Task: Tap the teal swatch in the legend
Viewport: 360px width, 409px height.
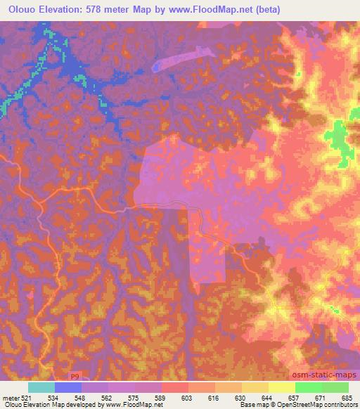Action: point(41,387)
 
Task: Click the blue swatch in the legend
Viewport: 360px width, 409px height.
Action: point(68,387)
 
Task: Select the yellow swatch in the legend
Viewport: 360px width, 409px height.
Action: point(281,387)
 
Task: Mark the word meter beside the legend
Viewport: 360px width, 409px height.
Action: point(10,396)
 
